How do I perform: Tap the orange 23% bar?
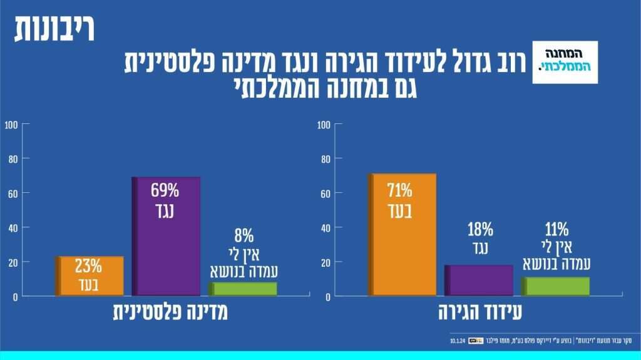89,275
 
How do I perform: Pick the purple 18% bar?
479,280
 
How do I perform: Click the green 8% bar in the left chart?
243,289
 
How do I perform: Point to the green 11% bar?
555,286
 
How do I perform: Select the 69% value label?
165,190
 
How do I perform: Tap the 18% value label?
479,229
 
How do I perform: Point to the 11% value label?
556,228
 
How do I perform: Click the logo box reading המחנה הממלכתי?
565,63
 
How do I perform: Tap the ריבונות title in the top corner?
54,31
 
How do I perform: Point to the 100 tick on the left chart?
11,125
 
